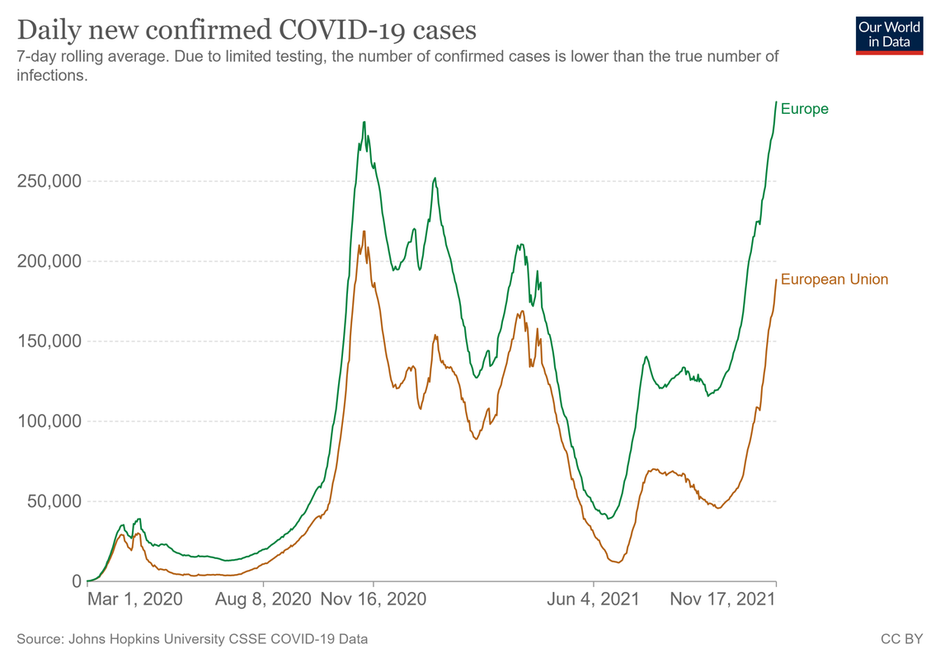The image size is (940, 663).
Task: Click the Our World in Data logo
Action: pyautogui.click(x=890, y=36)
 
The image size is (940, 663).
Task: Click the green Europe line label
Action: pyautogui.click(x=805, y=109)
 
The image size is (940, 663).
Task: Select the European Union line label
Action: pyautogui.click(x=834, y=280)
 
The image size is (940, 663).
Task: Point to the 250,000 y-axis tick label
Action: pyautogui.click(x=49, y=181)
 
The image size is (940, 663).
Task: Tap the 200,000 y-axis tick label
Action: pyautogui.click(x=49, y=261)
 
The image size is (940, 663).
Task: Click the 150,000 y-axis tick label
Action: pyautogui.click(x=49, y=341)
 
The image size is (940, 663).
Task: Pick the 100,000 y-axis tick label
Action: pyautogui.click(x=49, y=421)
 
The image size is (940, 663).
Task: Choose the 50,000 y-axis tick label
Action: pyautogui.click(x=54, y=501)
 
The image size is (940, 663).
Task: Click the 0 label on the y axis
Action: pyautogui.click(x=77, y=581)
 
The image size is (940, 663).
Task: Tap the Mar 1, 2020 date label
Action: pyautogui.click(x=135, y=599)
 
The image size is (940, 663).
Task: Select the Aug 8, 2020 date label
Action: pyautogui.click(x=263, y=599)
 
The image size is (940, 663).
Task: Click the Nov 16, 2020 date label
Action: pyautogui.click(x=374, y=599)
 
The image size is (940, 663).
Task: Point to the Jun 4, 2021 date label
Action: pyautogui.click(x=594, y=599)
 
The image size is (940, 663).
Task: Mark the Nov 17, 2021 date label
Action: pyautogui.click(x=723, y=599)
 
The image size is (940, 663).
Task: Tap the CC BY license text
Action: pyautogui.click(x=901, y=639)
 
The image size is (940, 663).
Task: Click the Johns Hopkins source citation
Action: pyautogui.click(x=192, y=639)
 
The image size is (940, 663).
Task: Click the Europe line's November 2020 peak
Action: pyautogui.click(x=364, y=122)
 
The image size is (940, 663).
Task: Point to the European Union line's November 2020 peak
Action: pyautogui.click(x=364, y=232)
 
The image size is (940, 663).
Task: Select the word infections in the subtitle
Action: pyautogui.click(x=52, y=76)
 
